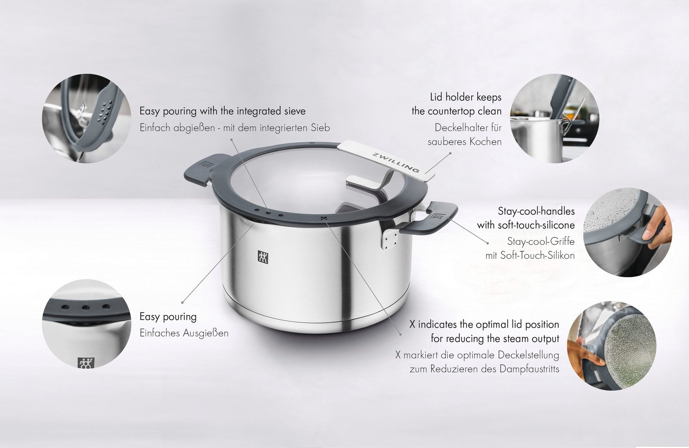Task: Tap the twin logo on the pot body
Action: (263, 257)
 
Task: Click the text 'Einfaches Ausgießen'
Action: (184, 333)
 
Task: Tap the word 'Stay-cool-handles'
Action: (536, 211)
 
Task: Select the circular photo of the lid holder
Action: (554, 118)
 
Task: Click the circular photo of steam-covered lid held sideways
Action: (612, 346)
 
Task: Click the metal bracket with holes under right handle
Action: (388, 238)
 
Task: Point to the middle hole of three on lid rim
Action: (268, 213)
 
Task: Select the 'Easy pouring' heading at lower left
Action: (168, 317)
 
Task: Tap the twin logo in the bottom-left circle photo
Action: (85, 363)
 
